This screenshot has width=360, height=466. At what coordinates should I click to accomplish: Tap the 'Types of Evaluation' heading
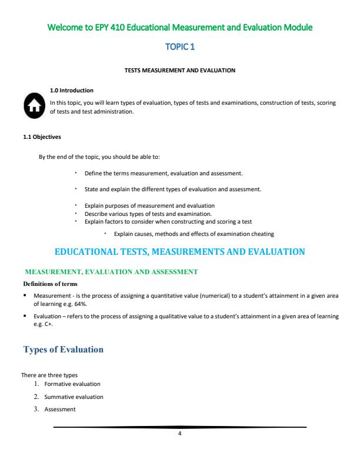point(63,349)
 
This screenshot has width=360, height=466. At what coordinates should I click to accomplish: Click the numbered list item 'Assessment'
point(59,410)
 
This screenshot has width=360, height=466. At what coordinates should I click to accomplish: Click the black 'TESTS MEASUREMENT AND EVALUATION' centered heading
point(179,71)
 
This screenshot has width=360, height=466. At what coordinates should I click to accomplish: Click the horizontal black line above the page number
point(179,427)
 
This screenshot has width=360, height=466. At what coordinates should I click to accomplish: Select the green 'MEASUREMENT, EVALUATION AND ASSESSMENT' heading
point(111,272)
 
